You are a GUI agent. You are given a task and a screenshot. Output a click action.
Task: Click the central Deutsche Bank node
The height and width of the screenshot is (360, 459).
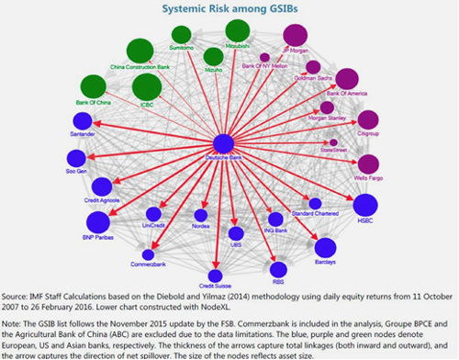click(x=223, y=143)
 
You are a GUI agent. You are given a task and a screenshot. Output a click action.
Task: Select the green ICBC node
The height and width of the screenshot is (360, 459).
click(x=147, y=87)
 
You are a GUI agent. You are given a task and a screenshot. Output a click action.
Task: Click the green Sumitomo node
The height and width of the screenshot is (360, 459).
click(x=182, y=34)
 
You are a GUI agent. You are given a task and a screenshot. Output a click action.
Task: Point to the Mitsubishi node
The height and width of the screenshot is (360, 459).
click(x=237, y=31)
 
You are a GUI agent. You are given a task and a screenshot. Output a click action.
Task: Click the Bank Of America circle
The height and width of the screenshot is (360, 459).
click(x=347, y=79)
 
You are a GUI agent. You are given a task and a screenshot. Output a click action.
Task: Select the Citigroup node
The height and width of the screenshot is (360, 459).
click(x=368, y=119)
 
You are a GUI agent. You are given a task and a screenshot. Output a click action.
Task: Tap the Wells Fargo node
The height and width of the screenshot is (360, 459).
click(x=368, y=163)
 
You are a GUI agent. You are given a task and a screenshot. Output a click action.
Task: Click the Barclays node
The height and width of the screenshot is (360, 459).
click(x=325, y=246)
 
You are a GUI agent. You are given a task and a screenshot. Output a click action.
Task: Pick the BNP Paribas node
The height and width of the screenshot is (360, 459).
click(x=97, y=221)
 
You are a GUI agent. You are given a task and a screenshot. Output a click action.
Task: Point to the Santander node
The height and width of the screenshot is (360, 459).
click(x=83, y=121)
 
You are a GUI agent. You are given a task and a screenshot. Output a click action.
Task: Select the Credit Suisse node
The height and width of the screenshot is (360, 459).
click(x=216, y=275)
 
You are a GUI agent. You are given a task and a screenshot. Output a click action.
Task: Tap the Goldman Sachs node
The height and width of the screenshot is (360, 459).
click(x=313, y=66)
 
